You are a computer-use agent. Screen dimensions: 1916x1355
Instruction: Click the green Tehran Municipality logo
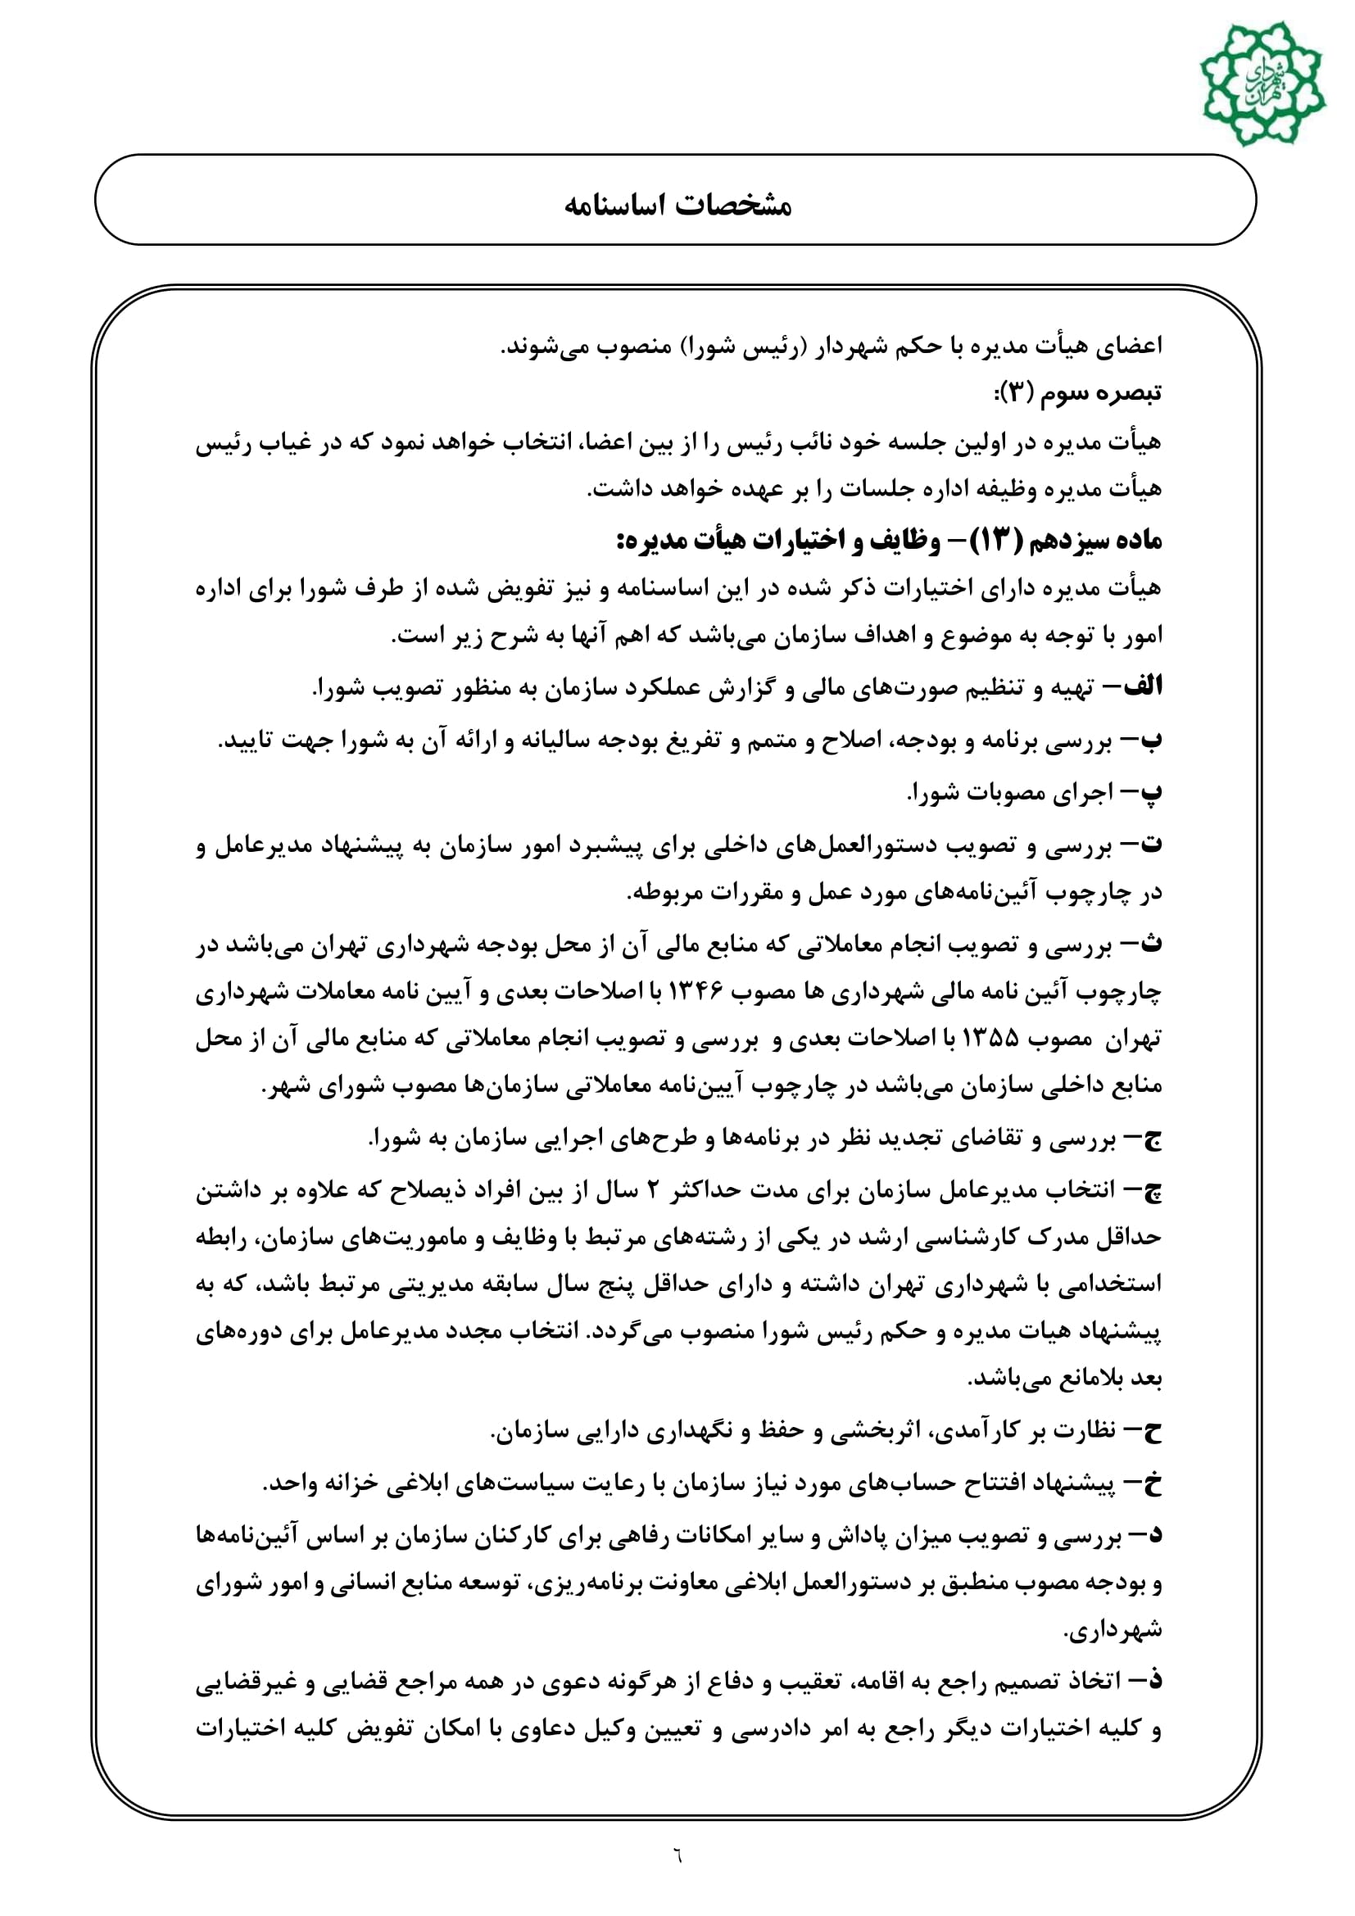pyautogui.click(x=1261, y=84)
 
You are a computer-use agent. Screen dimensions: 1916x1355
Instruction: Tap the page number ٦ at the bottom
pyautogui.click(x=677, y=1857)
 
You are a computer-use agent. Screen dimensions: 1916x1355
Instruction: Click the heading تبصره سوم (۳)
pyautogui.click(x=1077, y=393)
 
